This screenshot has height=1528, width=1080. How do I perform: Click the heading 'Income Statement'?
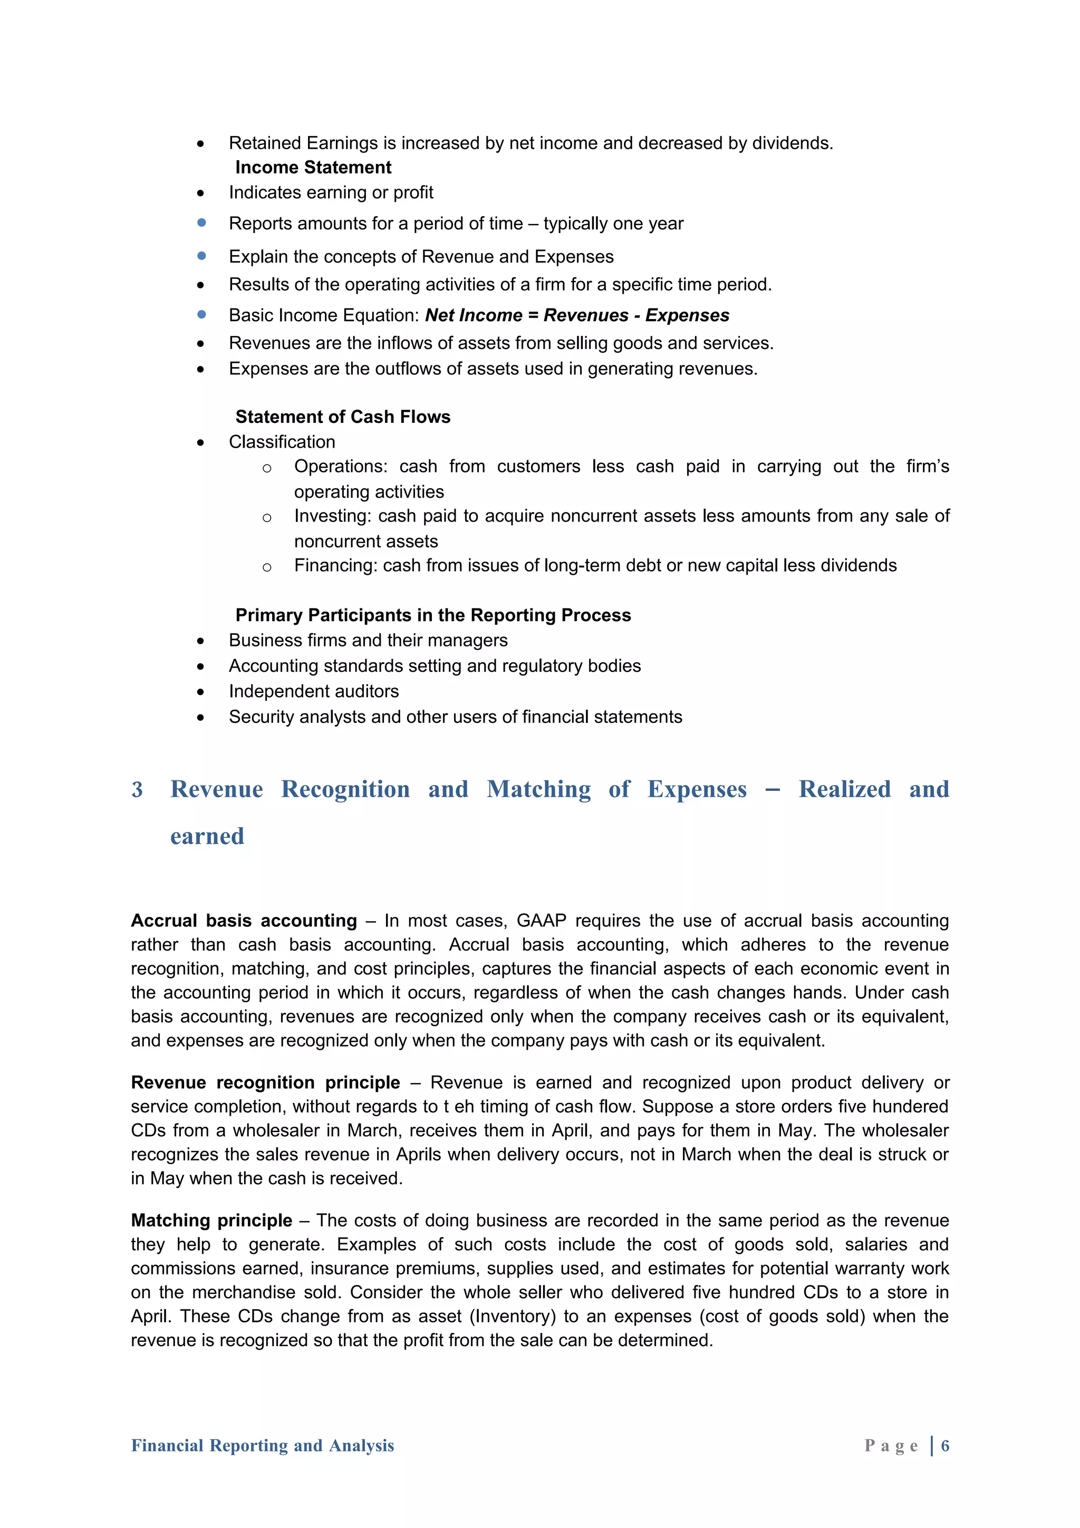click(x=313, y=167)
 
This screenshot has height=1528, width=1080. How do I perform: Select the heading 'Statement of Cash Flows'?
click(x=343, y=417)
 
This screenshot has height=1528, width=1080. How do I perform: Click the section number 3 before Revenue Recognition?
click(x=137, y=789)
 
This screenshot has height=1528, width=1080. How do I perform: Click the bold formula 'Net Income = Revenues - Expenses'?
click(x=577, y=315)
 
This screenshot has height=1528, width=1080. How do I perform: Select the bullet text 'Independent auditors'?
click(x=313, y=691)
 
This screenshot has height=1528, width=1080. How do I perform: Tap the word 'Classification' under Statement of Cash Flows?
click(x=282, y=442)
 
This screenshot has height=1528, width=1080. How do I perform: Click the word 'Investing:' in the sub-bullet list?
click(x=333, y=516)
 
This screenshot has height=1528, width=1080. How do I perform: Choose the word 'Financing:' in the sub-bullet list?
click(x=335, y=565)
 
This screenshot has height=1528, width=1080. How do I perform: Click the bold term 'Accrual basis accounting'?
click(x=244, y=921)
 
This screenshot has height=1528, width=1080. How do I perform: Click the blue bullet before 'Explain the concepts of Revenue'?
click(x=201, y=256)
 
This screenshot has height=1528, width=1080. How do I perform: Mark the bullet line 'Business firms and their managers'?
click(x=368, y=640)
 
